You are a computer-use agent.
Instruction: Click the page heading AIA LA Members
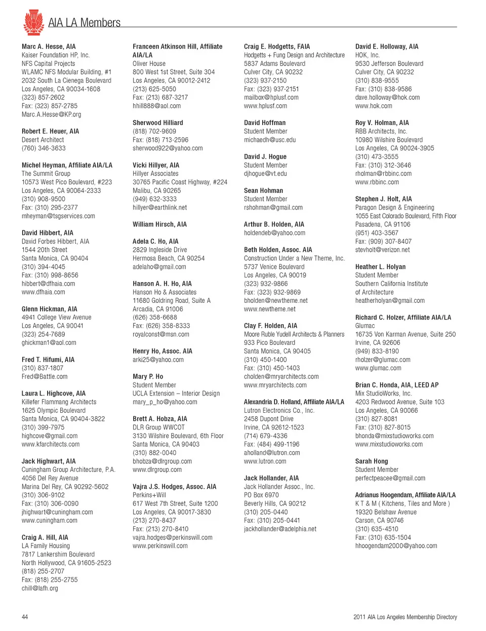click(84, 23)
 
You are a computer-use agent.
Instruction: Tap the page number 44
click(25, 617)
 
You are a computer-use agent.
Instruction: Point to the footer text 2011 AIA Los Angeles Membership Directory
click(405, 617)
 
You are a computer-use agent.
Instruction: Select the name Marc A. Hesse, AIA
click(49, 47)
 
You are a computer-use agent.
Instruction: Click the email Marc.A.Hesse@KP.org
click(51, 114)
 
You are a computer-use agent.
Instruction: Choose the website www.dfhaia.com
click(43, 292)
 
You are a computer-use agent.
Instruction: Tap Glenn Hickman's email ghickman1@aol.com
click(49, 343)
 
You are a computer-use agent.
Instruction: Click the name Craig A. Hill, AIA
click(45, 537)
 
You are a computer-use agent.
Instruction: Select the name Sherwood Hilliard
click(158, 123)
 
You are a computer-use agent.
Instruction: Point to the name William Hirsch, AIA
click(159, 224)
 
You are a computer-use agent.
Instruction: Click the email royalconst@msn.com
click(161, 334)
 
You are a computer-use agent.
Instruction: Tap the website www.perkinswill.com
click(160, 546)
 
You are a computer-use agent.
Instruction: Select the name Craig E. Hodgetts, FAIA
click(277, 47)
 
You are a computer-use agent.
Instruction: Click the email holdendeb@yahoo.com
click(274, 233)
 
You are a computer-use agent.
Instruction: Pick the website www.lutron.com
click(265, 461)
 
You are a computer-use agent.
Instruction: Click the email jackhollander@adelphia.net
click(280, 529)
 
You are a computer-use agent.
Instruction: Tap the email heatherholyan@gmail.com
click(390, 301)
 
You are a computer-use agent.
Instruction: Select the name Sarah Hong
click(372, 461)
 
